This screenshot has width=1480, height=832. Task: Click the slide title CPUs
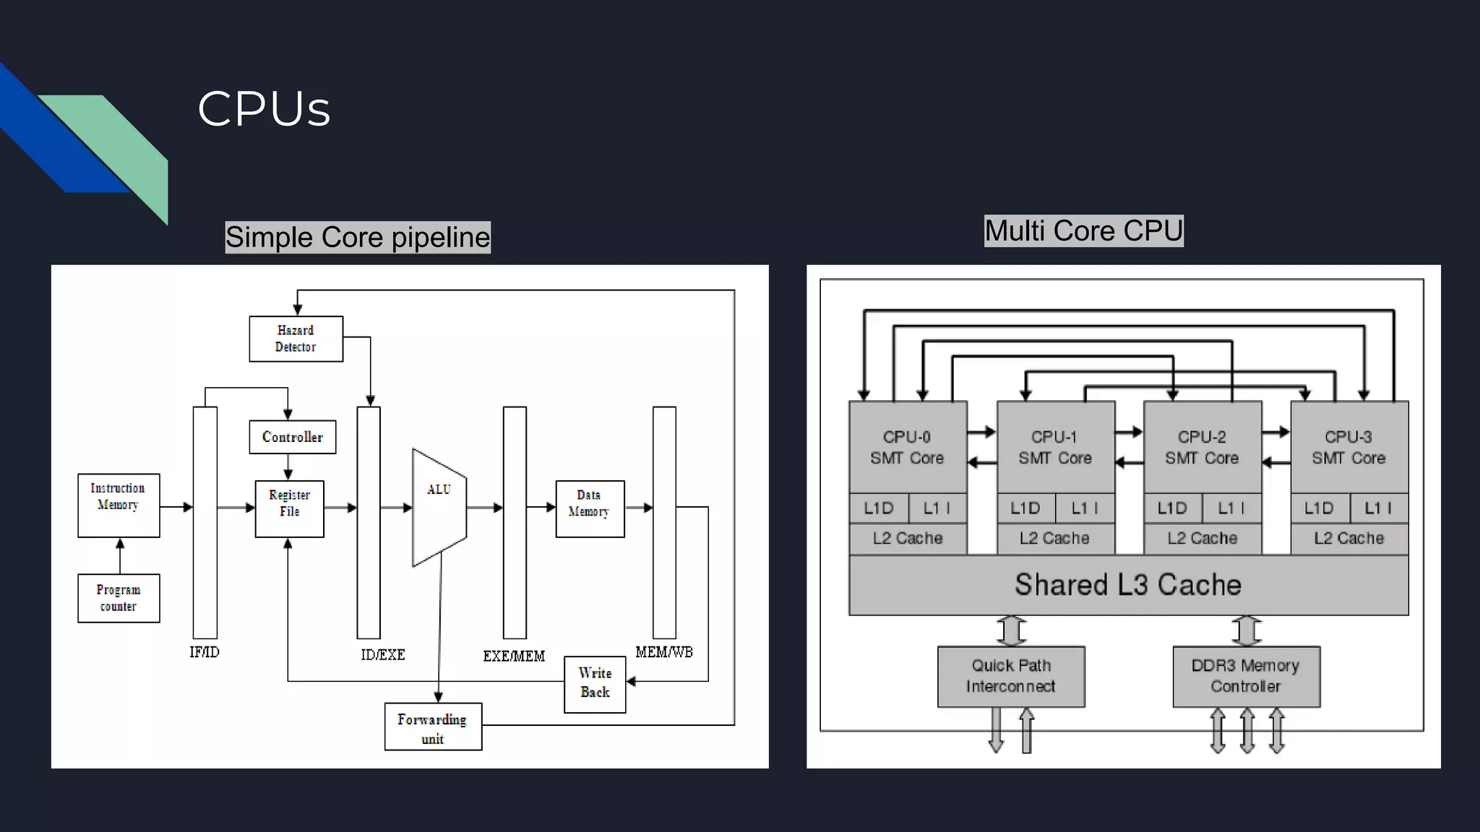264,109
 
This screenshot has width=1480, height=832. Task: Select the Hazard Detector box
296,339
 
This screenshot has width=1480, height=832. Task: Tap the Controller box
292,437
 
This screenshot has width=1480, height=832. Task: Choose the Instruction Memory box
119,505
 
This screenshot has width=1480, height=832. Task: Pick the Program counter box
119,598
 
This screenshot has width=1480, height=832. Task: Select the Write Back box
595,683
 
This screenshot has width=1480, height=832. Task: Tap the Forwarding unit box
433,727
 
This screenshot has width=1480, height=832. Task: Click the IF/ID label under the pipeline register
205,652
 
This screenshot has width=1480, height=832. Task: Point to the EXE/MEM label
514,656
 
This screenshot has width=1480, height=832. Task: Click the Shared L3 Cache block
1128,585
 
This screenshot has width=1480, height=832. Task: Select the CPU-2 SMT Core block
1202,447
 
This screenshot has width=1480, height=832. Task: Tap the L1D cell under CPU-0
878,508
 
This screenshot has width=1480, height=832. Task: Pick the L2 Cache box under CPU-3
1349,538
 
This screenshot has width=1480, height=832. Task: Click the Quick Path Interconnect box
1011,676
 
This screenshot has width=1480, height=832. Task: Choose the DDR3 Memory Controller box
1246,676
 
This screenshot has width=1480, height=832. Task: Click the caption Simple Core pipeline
358,238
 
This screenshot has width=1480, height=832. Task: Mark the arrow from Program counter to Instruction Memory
120,555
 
